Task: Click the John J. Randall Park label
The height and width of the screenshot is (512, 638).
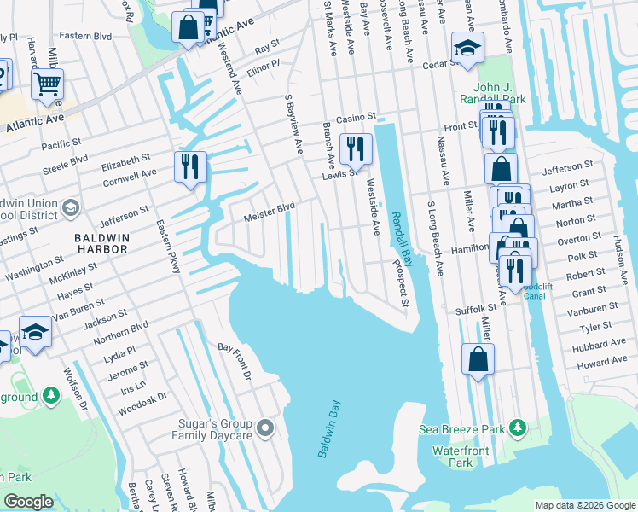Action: (499, 93)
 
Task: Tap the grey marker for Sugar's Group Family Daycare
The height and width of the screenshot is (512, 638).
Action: (266, 427)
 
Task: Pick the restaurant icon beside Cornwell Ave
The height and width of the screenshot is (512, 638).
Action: (190, 166)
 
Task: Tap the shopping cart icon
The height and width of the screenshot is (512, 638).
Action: (48, 84)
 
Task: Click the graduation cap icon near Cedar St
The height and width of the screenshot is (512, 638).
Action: (467, 49)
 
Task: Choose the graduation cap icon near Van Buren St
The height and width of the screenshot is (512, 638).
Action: (35, 332)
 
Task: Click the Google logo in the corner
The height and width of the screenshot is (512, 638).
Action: (29, 502)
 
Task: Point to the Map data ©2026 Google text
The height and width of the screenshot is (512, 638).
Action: (585, 505)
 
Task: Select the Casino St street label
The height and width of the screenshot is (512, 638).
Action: (356, 116)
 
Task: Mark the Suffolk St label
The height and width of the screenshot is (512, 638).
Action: (476, 309)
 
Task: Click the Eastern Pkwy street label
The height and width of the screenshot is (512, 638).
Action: (167, 247)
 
